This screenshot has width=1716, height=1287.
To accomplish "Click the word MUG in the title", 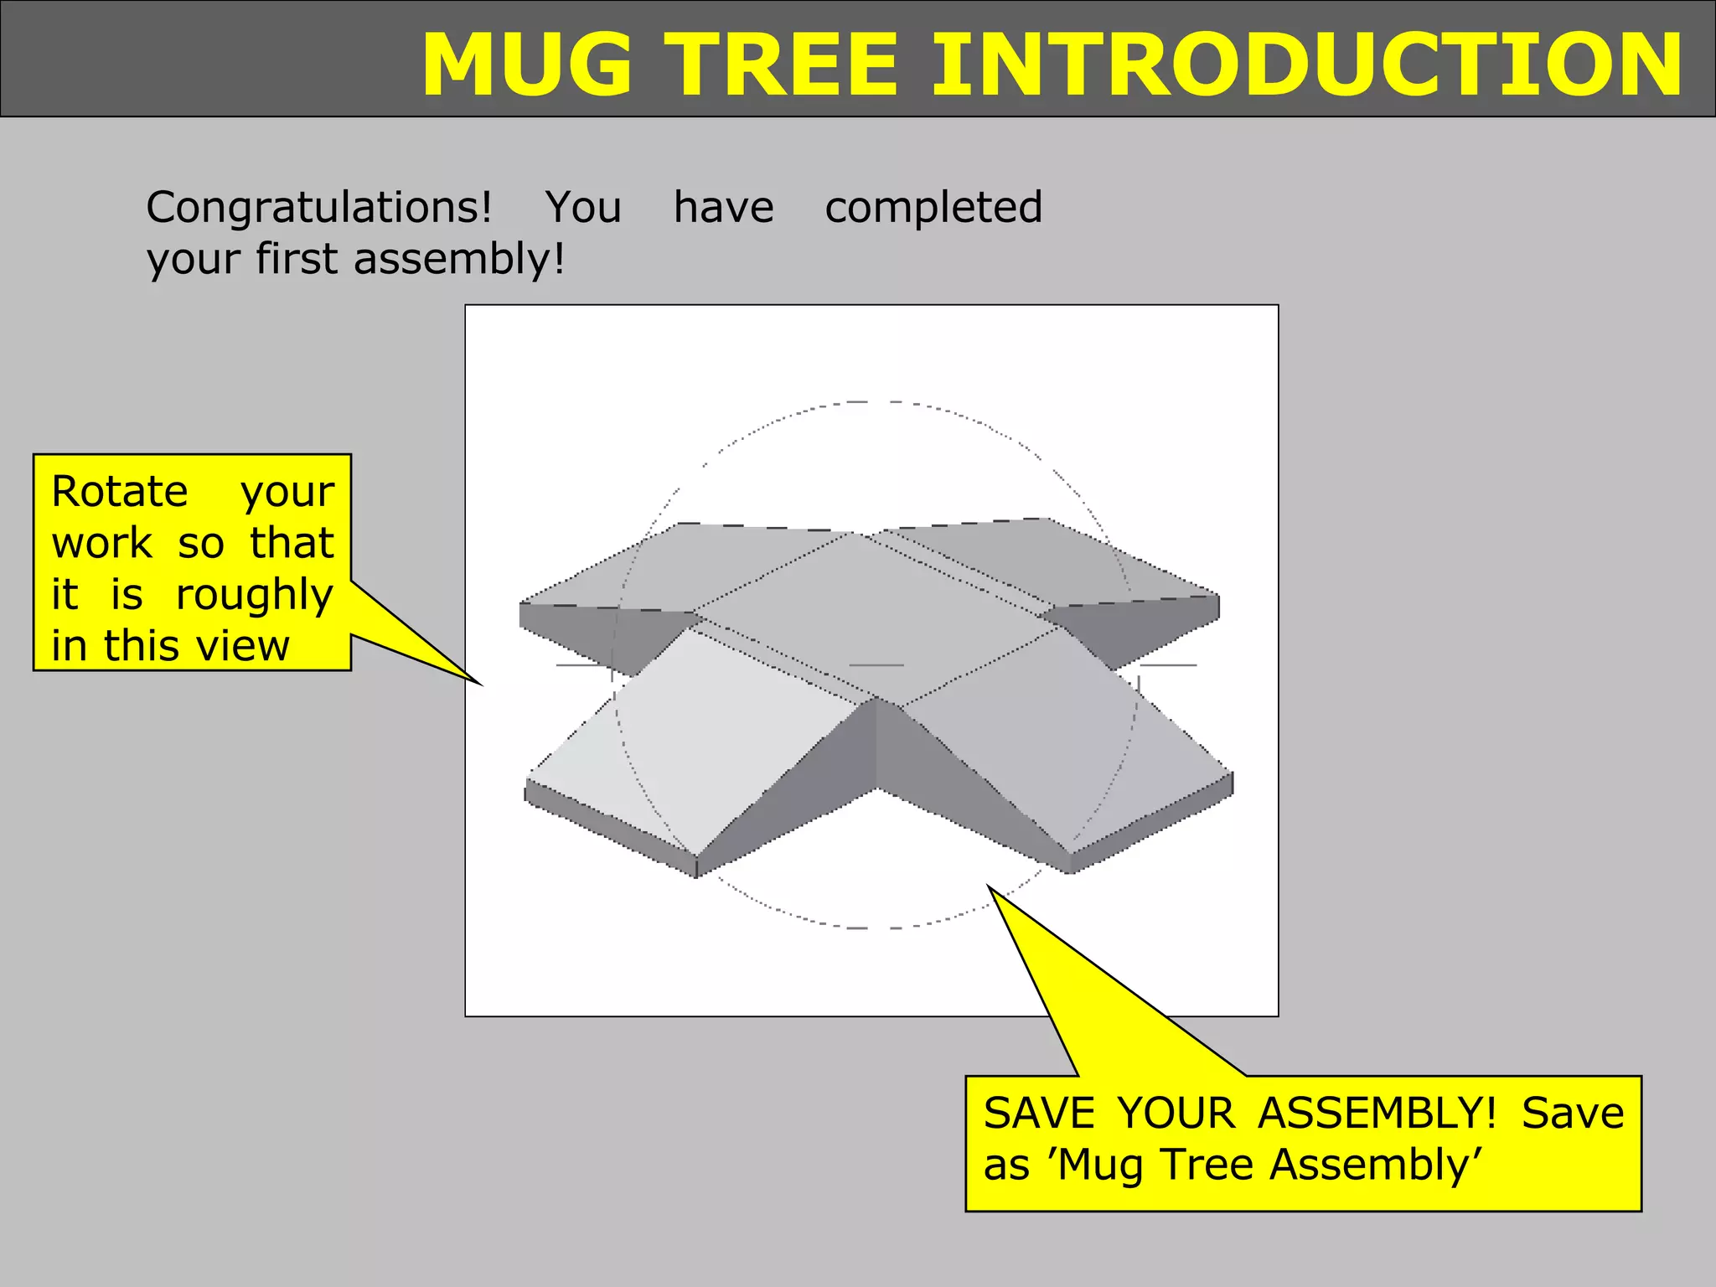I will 526,65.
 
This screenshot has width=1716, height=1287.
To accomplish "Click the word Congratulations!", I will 319,208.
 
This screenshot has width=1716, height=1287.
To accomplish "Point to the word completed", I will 933,208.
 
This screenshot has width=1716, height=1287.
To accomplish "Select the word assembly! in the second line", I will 459,259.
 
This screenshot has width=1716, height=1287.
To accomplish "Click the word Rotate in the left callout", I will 119,492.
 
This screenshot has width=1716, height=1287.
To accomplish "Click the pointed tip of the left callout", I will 481,685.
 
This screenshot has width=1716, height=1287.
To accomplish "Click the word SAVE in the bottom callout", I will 1039,1114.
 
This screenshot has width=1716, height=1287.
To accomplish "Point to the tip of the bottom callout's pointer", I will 989,886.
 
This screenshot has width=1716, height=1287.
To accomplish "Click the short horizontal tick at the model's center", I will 876,665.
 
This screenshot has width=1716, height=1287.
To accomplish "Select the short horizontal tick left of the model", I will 583,665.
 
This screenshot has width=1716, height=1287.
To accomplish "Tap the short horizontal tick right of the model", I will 1168,665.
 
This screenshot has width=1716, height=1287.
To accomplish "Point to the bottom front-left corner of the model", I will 696,876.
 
